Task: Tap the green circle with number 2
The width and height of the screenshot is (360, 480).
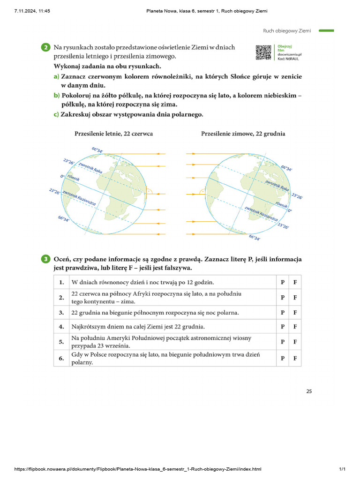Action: (x=45, y=47)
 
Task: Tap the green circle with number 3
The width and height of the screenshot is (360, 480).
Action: (x=45, y=259)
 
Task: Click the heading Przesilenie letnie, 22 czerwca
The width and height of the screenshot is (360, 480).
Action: (x=113, y=134)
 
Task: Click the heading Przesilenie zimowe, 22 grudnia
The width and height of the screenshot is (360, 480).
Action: (x=243, y=134)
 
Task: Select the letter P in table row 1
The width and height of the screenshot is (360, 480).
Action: (x=282, y=282)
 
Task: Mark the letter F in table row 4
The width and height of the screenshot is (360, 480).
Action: (x=295, y=326)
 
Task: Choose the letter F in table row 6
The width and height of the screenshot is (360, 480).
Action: (x=295, y=359)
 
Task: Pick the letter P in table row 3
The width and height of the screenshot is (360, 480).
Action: (x=282, y=312)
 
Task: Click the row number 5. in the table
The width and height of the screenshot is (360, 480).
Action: (x=61, y=342)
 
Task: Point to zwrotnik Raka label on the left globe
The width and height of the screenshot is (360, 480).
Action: (x=90, y=168)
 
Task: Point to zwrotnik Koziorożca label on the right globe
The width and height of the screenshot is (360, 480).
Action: (x=261, y=213)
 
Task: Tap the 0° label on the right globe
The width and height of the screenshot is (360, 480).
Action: (x=290, y=211)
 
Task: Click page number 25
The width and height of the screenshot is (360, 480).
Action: (x=308, y=391)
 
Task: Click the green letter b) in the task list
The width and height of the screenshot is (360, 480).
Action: (x=56, y=95)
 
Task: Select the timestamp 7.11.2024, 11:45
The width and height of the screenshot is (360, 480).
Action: (x=32, y=11)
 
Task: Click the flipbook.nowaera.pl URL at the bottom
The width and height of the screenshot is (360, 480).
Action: (x=138, y=469)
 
